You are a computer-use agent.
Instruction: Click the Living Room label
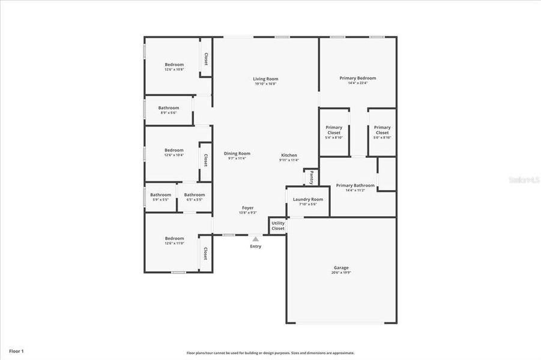click(x=265, y=79)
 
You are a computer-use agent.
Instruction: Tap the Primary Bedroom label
click(x=358, y=78)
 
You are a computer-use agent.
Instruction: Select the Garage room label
click(x=341, y=268)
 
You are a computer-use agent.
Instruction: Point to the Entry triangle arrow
click(x=256, y=239)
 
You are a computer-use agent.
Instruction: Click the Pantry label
click(x=312, y=178)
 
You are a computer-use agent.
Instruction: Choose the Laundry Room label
click(x=308, y=199)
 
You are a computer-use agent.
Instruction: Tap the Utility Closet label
click(x=278, y=226)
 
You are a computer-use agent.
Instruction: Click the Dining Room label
click(x=237, y=154)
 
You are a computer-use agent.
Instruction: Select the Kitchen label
click(x=289, y=155)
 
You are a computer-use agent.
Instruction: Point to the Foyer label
click(x=247, y=208)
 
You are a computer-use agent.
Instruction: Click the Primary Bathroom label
click(x=355, y=185)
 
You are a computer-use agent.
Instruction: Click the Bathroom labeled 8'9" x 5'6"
click(x=169, y=108)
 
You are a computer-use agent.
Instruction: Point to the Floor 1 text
click(x=16, y=350)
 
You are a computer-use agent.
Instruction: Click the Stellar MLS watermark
click(x=524, y=179)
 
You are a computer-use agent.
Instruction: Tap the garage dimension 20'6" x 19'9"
click(x=341, y=272)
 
